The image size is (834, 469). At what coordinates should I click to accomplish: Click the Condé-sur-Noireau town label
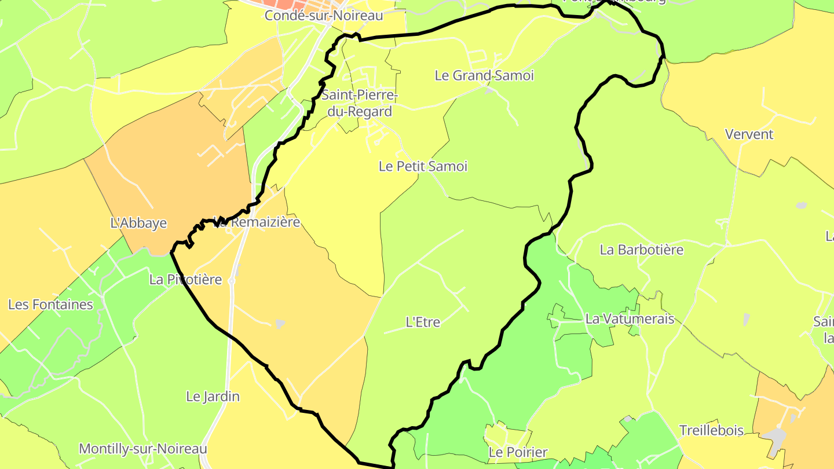(324, 16)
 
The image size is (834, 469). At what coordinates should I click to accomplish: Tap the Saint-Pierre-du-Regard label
(360, 103)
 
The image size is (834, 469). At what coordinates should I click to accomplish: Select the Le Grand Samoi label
(484, 75)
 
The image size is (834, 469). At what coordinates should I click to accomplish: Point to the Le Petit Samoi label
(423, 166)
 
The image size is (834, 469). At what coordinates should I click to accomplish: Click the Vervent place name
(749, 134)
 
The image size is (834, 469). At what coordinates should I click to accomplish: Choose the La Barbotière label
(642, 250)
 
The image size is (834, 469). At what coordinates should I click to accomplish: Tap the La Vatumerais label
(630, 318)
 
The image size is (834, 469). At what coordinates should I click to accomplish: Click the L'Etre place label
(423, 322)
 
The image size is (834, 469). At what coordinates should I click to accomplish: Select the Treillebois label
(711, 430)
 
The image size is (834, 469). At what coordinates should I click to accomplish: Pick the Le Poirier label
(518, 452)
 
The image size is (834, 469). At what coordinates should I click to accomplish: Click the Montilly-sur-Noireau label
(142, 449)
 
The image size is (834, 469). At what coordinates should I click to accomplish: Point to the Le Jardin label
(213, 397)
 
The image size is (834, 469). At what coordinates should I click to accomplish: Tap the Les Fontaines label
(50, 305)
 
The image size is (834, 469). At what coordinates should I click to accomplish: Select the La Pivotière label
(185, 280)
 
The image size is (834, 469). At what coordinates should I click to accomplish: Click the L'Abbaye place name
(138, 223)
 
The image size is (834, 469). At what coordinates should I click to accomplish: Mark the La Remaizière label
(258, 222)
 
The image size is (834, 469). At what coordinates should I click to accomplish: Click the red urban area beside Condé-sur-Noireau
(290, 5)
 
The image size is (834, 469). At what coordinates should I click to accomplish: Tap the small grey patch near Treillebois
(774, 435)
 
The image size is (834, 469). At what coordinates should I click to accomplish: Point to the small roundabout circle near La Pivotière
(232, 281)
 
